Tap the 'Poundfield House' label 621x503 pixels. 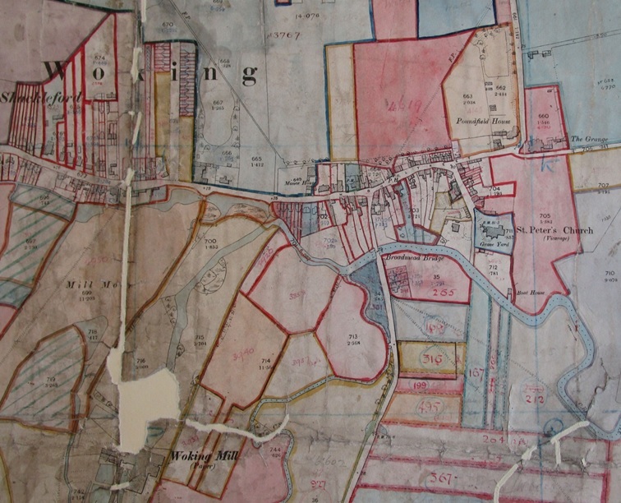pos(479,120)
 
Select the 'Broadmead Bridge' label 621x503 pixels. pos(408,257)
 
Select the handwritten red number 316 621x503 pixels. pos(431,359)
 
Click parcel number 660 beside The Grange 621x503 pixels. pos(543,116)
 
